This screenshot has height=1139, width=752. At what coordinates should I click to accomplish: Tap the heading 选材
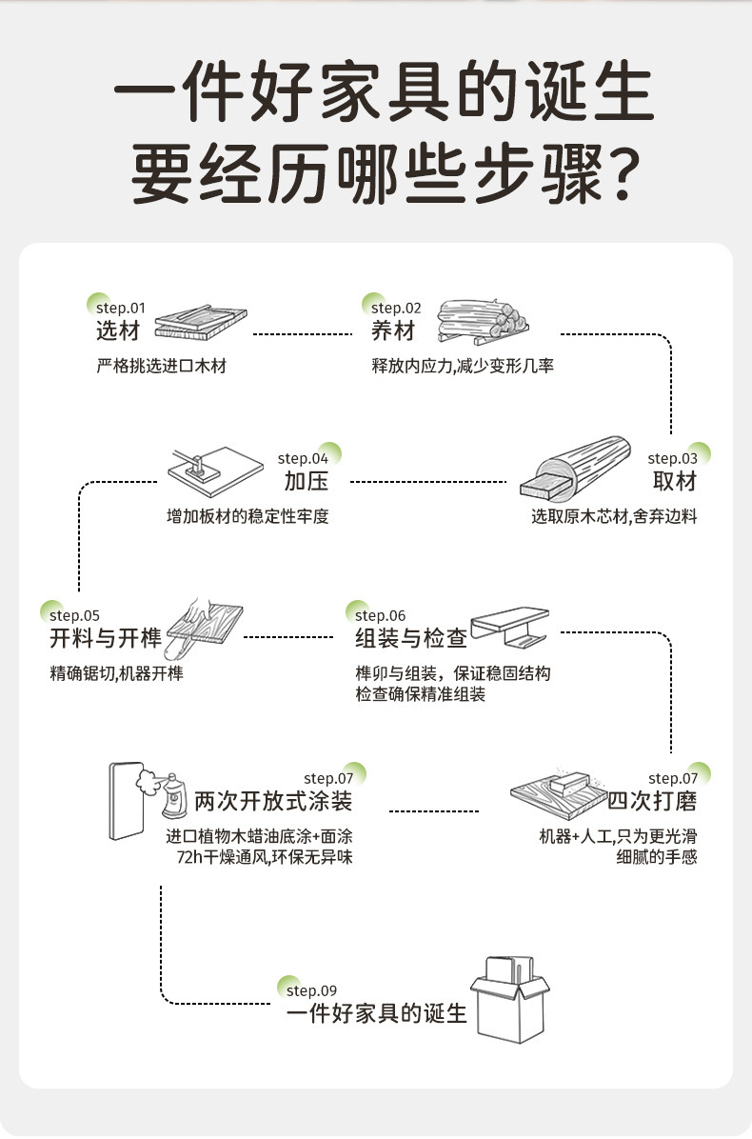pos(118,331)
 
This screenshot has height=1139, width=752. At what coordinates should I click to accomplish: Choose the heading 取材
pos(675,481)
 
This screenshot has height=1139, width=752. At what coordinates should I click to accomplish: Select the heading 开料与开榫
pos(106,637)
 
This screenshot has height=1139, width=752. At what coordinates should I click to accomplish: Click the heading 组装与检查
pos(410,637)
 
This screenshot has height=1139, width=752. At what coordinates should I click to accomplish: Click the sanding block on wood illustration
pos(556,788)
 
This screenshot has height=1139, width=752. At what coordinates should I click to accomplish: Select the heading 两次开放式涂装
pos(273,801)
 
